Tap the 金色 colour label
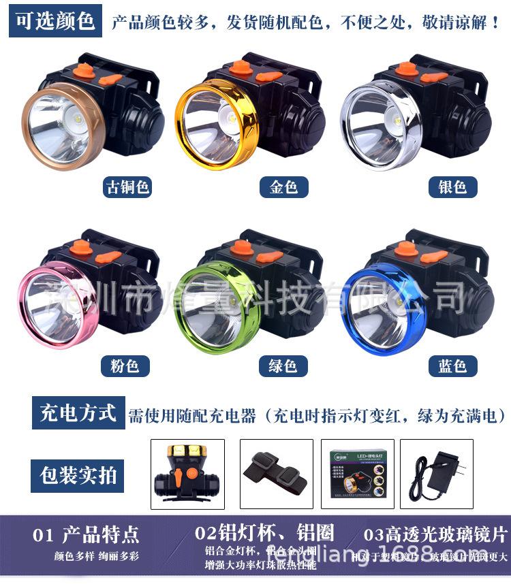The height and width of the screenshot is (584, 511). click(x=283, y=187)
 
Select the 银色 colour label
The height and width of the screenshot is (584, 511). click(x=452, y=187)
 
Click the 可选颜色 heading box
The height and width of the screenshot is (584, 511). click(x=56, y=21)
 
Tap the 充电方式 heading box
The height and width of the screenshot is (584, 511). click(x=78, y=413)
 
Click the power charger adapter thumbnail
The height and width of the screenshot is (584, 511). click(x=436, y=474)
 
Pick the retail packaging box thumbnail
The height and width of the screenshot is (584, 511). click(x=356, y=474)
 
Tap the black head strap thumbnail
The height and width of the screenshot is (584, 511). click(x=277, y=474)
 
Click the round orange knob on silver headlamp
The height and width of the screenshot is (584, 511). click(x=407, y=68)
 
